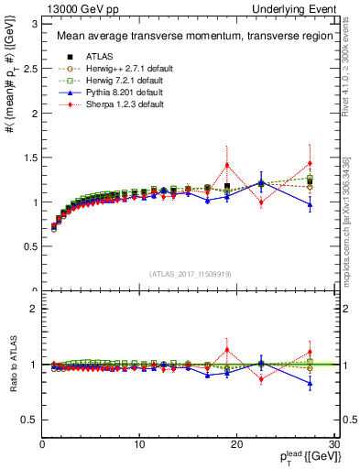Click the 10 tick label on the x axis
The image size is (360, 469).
[x=139, y=444]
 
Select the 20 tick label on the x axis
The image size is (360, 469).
[x=236, y=444]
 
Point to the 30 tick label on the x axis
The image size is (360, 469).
[x=333, y=444]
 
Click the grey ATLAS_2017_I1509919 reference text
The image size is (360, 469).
[x=189, y=273]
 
